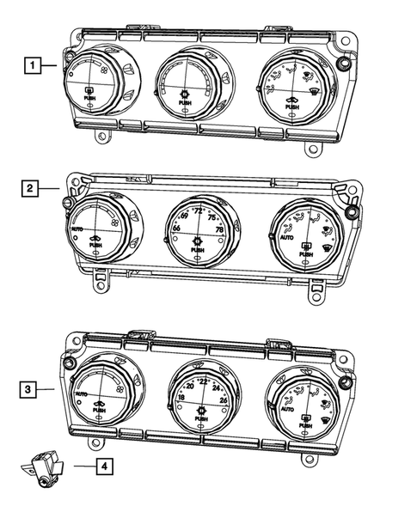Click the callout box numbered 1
coord(32,64)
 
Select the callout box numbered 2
coord(32,186)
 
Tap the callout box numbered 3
coord(32,389)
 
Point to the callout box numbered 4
coord(103,467)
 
